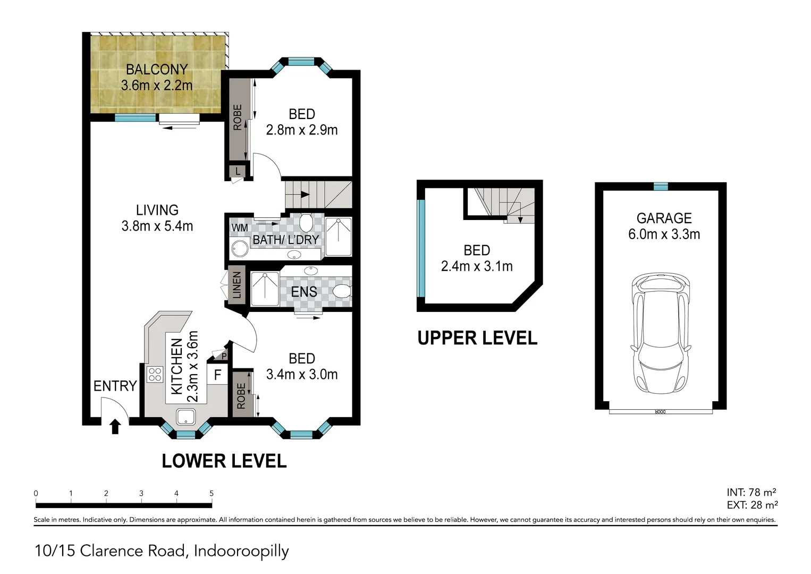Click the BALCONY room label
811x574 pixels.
coord(157,70)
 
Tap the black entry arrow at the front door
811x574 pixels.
coord(115,426)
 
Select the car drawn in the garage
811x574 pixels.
coord(661,333)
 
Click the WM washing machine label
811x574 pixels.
coord(240,227)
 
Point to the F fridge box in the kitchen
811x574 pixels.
coord(217,375)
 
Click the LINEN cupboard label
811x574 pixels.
coord(236,285)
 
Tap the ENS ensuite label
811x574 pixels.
coord(304,292)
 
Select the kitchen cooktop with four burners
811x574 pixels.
coord(155,374)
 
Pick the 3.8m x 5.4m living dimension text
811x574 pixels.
coord(157,226)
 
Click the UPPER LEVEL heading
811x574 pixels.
coord(477,338)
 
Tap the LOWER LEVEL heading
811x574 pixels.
coord(224,461)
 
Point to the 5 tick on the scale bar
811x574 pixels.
coord(212,494)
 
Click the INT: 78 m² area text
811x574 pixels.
coord(751,492)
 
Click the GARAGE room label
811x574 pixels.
coord(664,218)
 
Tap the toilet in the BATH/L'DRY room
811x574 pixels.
coord(306,222)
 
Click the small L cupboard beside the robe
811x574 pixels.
coord(238,172)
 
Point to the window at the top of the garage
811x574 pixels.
coord(660,186)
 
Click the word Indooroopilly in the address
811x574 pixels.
coord(241,551)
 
